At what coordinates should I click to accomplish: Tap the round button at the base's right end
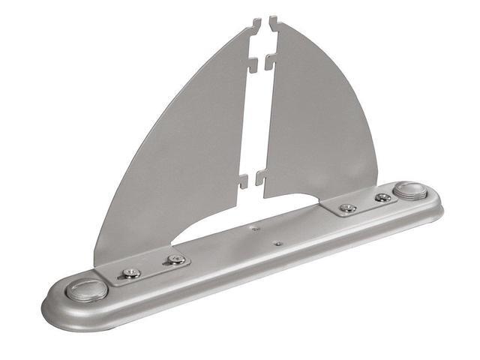pyautogui.click(x=409, y=189)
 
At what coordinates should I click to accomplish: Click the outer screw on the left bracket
pyautogui.click(x=132, y=274)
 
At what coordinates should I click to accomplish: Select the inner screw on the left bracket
pyautogui.click(x=176, y=259)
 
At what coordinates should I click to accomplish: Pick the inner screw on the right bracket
pyautogui.click(x=347, y=208)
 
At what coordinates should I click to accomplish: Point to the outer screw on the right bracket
pyautogui.click(x=383, y=197)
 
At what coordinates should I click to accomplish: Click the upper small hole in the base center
pyautogui.click(x=256, y=226)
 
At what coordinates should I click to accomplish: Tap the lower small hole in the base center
pyautogui.click(x=277, y=243)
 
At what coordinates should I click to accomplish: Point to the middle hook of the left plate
pyautogui.click(x=253, y=64)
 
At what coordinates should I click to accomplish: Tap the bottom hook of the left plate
pyautogui.click(x=243, y=181)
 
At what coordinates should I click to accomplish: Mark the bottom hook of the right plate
pyautogui.click(x=261, y=178)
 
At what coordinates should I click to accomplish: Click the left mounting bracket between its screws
pyautogui.click(x=154, y=267)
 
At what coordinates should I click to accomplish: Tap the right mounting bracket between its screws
pyautogui.click(x=365, y=202)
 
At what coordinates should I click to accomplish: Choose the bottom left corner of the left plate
pyautogui.click(x=97, y=263)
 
